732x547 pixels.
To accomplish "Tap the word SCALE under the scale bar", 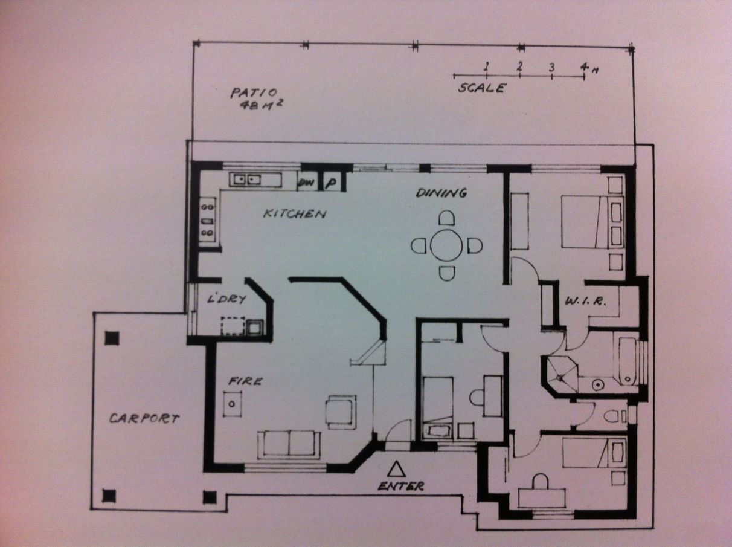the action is [x=482, y=88].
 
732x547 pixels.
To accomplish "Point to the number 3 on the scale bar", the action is [x=551, y=68].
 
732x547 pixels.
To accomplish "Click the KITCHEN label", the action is [x=295, y=213].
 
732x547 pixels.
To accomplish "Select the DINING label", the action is [x=441, y=193].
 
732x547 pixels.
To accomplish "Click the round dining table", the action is [x=446, y=245].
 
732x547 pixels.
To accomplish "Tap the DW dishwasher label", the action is [x=306, y=183].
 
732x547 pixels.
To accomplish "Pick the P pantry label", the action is [x=331, y=183].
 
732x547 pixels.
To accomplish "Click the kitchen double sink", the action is [x=246, y=180].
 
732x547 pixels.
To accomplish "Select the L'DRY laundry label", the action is [x=226, y=299].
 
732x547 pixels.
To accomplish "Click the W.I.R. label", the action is [x=585, y=302].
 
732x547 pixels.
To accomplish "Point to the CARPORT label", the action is [x=144, y=418].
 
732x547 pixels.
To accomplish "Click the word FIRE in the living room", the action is [x=245, y=381].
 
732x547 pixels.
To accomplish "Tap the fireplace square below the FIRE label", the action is [x=232, y=404].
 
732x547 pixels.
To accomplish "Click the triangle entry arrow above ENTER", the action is [x=396, y=470].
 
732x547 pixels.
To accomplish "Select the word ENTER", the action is [x=400, y=487].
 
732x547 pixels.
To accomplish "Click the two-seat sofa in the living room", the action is [x=289, y=444].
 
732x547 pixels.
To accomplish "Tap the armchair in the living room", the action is [x=341, y=412].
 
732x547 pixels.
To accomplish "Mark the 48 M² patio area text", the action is [x=262, y=105].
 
